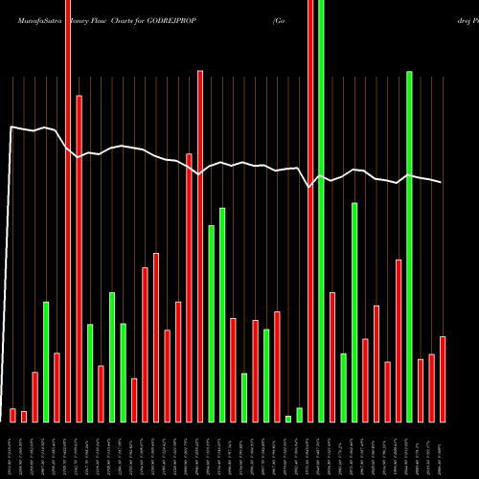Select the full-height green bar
[x=321, y=211]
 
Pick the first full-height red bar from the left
[x=68, y=211]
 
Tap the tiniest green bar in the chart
[x=288, y=419]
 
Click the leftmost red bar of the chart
[x=12, y=415]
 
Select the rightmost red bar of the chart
[x=443, y=378]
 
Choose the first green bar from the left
[x=46, y=361]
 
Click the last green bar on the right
[x=410, y=246]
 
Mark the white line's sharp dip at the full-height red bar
[x=309, y=188]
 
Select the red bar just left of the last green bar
[x=399, y=340]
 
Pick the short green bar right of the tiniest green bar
[x=300, y=414]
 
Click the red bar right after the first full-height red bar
[x=79, y=259]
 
